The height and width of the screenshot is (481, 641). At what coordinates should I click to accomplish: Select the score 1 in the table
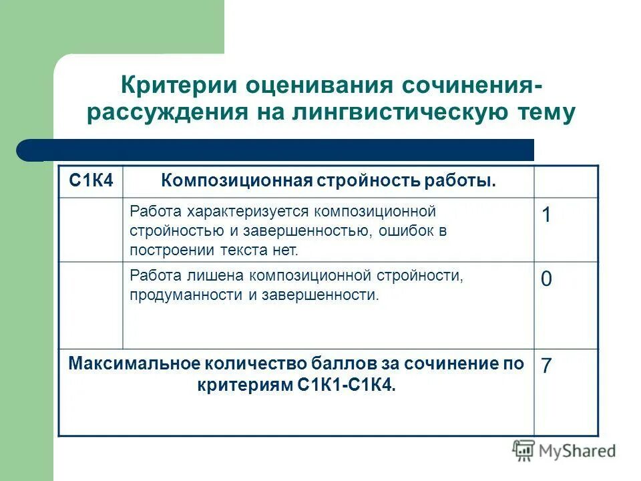(x=546, y=215)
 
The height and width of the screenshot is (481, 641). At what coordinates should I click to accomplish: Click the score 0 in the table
(x=546, y=279)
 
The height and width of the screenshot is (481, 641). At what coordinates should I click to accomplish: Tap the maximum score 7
(x=546, y=366)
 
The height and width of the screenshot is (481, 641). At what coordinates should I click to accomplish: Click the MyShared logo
(x=564, y=450)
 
